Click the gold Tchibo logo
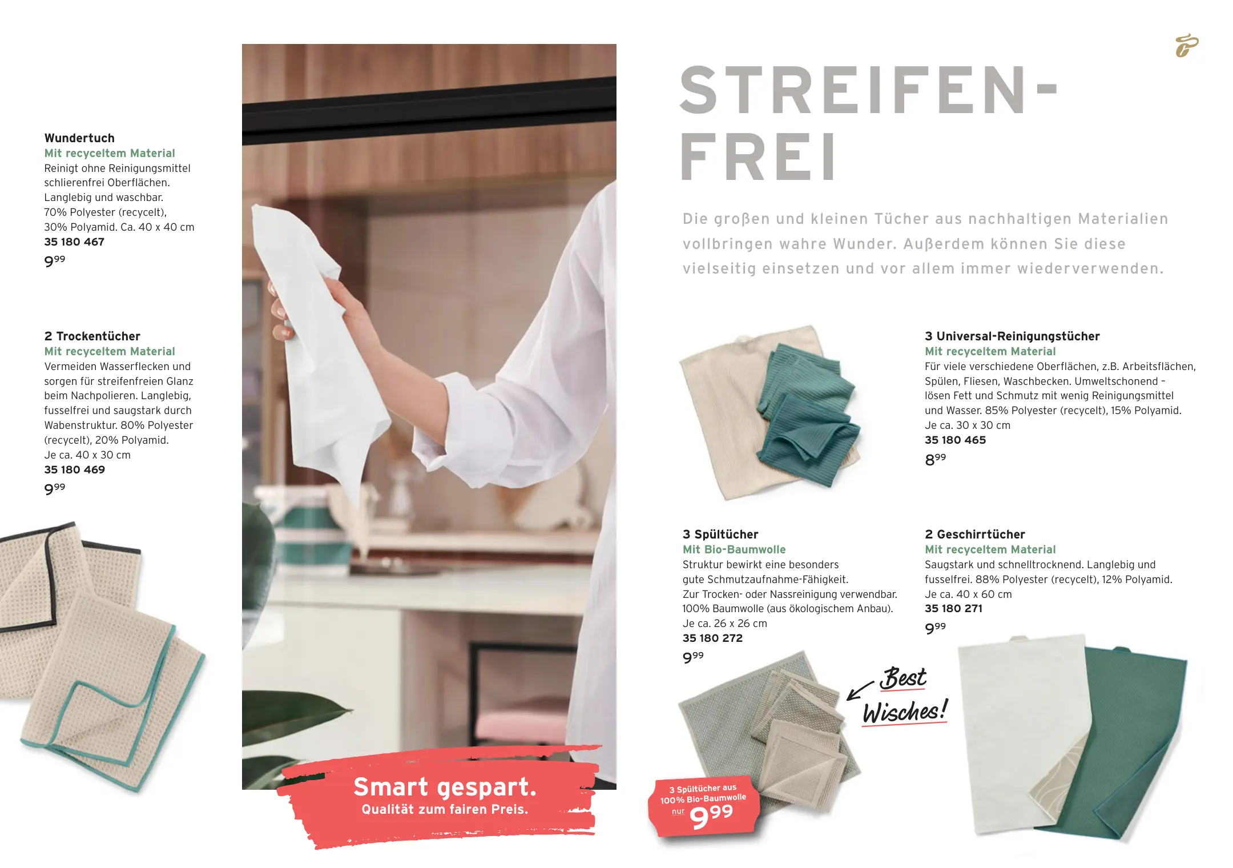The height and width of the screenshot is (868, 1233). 1187,46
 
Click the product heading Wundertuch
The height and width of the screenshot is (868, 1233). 79,138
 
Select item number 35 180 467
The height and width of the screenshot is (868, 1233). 74,242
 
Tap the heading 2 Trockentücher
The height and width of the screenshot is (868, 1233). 92,336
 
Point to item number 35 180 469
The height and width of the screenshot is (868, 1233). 75,469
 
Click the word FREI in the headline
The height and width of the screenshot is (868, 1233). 759,156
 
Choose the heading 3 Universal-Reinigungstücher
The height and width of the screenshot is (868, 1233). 1012,336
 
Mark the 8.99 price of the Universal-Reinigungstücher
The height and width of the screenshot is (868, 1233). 935,459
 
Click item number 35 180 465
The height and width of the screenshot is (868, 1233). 955,440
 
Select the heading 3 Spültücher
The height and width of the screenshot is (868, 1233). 720,535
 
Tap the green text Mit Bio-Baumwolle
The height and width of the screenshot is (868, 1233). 734,549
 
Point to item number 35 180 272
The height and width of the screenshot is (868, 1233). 712,638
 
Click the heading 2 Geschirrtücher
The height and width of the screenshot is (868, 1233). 975,535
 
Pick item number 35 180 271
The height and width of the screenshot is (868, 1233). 953,608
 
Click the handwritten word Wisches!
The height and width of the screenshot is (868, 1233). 905,712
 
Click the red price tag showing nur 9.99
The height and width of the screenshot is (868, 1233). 704,806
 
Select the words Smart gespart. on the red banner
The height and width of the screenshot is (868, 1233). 445,787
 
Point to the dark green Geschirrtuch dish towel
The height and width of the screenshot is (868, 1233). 1119,742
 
